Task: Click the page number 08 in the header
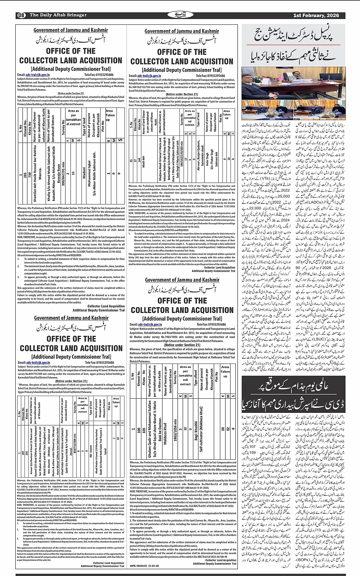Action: (21, 15)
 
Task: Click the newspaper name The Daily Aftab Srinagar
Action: (58, 15)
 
